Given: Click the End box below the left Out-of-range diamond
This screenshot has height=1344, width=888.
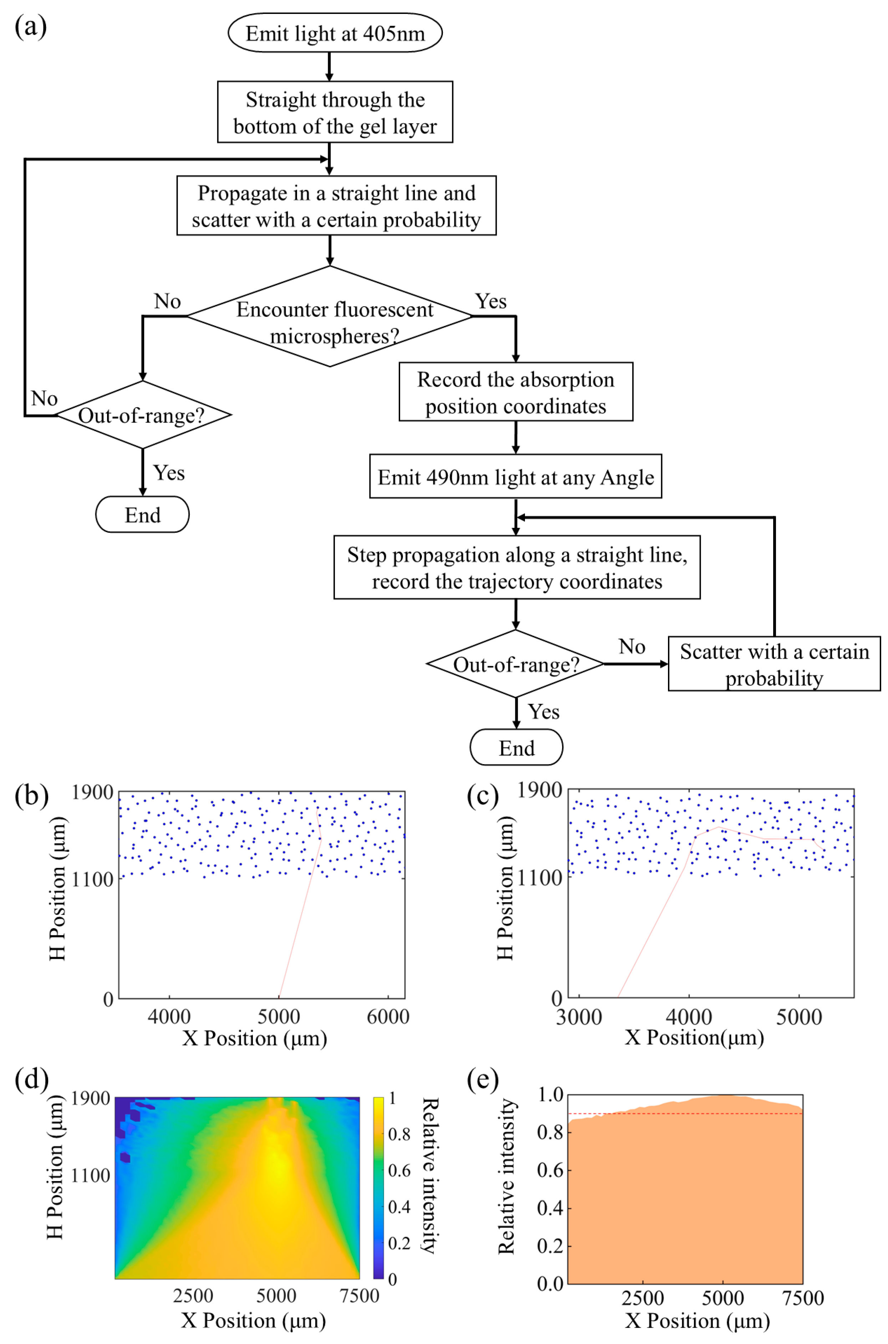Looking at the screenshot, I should click(142, 515).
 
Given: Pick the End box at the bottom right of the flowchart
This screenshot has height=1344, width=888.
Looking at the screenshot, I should click(516, 748).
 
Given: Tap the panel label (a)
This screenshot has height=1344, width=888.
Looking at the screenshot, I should click(31, 27).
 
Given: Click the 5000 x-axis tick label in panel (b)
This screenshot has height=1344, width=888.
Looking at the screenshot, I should click(279, 1016).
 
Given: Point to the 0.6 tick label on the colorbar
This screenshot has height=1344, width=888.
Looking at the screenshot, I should click(399, 1170).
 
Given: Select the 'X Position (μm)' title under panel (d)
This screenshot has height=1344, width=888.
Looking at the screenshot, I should click(253, 1320).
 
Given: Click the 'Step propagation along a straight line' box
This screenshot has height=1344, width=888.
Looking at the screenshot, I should click(516, 567).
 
